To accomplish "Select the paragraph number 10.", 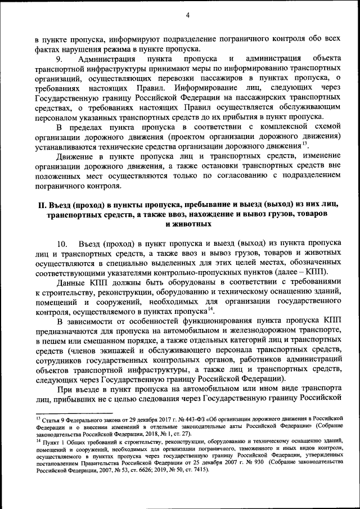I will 64,244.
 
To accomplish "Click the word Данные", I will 73,281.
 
